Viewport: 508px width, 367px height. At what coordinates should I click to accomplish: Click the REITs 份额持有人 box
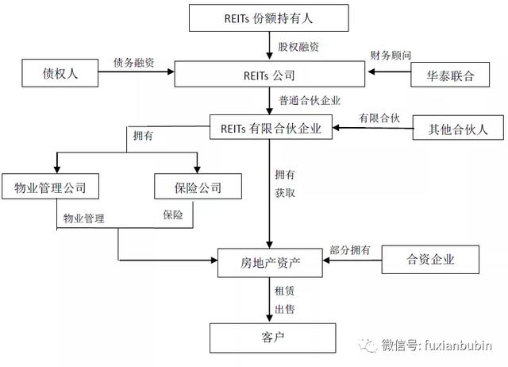[269, 17]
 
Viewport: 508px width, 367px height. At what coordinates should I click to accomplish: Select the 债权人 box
[60, 73]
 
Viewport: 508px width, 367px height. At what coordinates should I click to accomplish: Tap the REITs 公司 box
[270, 74]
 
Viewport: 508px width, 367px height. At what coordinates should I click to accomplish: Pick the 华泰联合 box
[450, 75]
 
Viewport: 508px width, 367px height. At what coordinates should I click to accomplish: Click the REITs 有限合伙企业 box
[271, 127]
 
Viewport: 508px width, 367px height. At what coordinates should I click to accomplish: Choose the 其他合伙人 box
[458, 127]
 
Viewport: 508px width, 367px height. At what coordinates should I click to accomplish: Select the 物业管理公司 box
[50, 186]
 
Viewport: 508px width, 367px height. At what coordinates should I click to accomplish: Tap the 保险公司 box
[198, 186]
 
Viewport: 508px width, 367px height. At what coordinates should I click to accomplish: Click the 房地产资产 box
[270, 263]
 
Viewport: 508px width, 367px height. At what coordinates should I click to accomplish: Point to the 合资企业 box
[430, 260]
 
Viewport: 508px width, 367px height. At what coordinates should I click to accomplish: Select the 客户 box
[272, 338]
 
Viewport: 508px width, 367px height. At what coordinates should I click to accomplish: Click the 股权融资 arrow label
[298, 47]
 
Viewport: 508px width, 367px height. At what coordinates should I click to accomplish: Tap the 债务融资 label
[134, 62]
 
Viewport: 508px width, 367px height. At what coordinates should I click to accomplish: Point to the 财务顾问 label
[391, 55]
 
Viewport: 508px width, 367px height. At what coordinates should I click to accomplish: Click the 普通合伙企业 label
[310, 101]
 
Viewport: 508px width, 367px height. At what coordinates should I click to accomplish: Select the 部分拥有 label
[350, 249]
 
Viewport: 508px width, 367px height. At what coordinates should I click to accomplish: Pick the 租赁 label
[284, 291]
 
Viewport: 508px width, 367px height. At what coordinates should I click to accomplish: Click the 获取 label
[285, 193]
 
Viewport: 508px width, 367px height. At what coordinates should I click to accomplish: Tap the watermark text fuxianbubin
[458, 346]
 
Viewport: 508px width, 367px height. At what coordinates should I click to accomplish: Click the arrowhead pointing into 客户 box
[269, 318]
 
